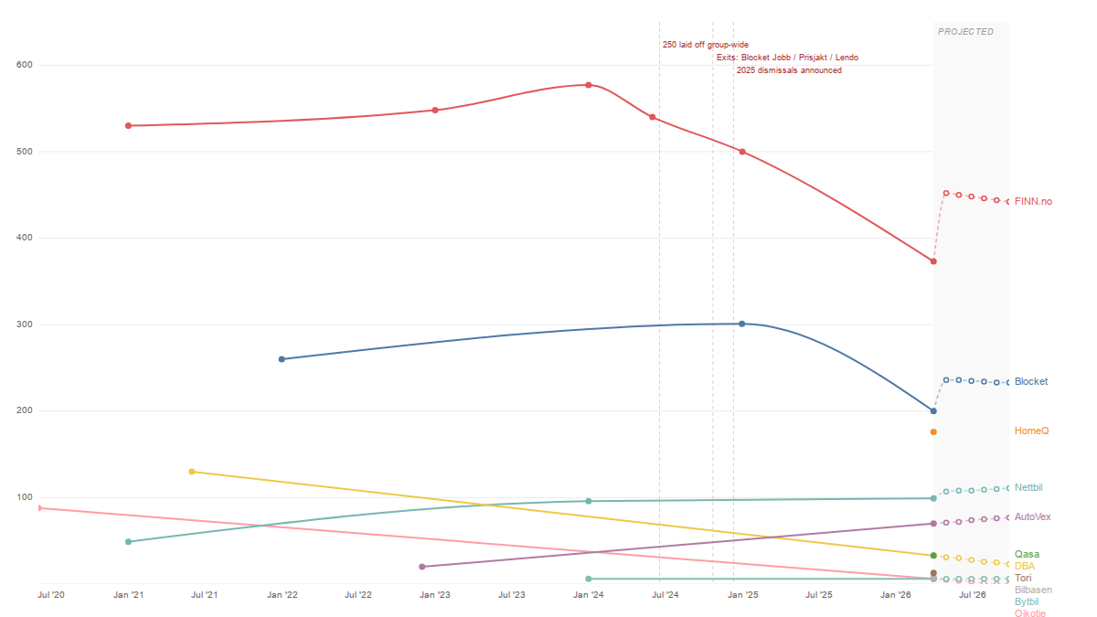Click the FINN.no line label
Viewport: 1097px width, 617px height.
tap(1033, 201)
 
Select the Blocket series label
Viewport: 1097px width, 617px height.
tap(1031, 381)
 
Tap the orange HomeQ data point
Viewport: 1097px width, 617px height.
tap(933, 431)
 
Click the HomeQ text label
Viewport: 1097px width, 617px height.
tap(1032, 431)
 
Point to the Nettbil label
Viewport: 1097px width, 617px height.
tap(1029, 487)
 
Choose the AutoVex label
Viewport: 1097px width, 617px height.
tap(1033, 516)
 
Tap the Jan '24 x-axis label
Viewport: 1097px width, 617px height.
tap(588, 595)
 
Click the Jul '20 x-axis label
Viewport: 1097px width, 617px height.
tap(50, 595)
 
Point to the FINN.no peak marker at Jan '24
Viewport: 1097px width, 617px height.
tap(589, 85)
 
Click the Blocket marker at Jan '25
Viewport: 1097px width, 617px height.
tap(741, 324)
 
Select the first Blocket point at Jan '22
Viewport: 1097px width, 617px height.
tap(282, 359)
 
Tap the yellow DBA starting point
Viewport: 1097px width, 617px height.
tap(191, 472)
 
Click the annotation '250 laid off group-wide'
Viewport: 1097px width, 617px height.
tap(706, 45)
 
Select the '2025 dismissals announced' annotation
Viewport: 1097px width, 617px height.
tap(789, 70)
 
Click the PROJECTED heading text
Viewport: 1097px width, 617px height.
tap(965, 32)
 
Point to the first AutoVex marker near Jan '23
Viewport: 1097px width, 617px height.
tap(421, 567)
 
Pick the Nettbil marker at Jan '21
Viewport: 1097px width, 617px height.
tap(128, 542)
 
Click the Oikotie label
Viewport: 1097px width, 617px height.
tap(1030, 613)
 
